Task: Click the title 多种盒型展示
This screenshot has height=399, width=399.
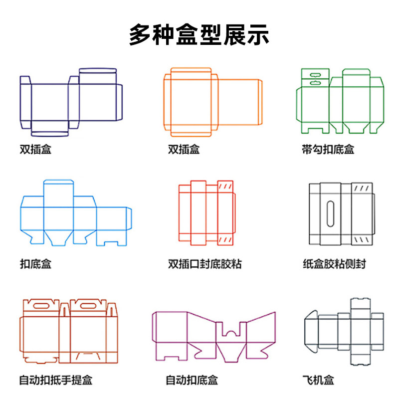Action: pos(199,34)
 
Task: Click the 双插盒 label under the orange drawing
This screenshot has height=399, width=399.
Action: pos(184,149)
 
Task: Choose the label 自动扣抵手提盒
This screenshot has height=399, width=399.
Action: pos(55,381)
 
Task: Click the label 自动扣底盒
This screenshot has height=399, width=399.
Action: pos(192,381)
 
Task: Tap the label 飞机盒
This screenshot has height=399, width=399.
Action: pos(318,381)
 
